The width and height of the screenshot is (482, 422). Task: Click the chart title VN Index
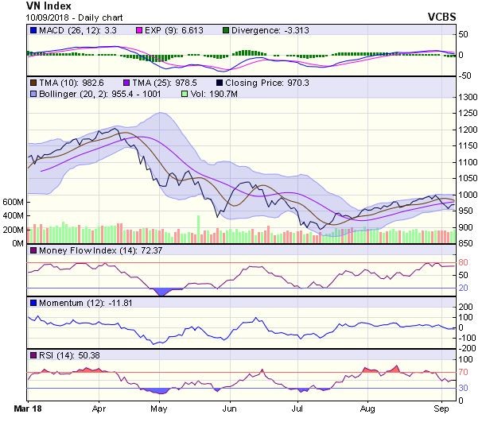(x=26, y=6)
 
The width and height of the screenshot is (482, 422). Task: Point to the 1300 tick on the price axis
(x=465, y=97)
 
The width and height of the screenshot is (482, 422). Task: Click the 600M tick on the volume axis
(x=12, y=203)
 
